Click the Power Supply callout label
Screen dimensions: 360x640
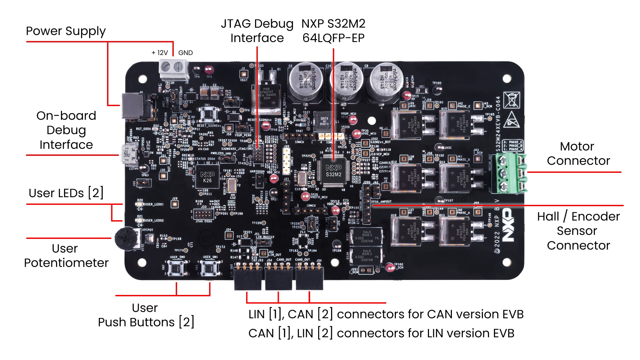click(x=66, y=31)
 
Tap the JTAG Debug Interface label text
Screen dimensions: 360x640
click(x=257, y=31)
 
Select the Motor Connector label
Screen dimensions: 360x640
click(x=578, y=153)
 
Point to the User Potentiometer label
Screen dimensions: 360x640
click(x=66, y=256)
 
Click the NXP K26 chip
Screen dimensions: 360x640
click(x=207, y=177)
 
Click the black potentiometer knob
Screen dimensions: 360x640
click(x=126, y=238)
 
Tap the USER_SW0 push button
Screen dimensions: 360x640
click(x=177, y=268)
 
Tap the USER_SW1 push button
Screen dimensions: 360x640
click(x=210, y=268)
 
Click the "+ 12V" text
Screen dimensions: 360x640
click(x=159, y=53)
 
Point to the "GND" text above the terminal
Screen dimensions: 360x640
click(x=185, y=53)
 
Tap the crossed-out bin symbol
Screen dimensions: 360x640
click(x=511, y=100)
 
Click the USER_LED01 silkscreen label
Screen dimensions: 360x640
click(x=154, y=204)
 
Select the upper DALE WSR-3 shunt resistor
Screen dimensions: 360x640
click(x=366, y=236)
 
